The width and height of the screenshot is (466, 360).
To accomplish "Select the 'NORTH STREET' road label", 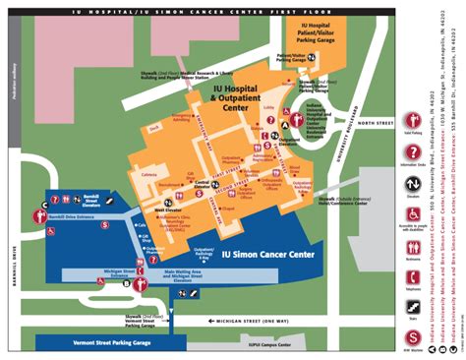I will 349,125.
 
